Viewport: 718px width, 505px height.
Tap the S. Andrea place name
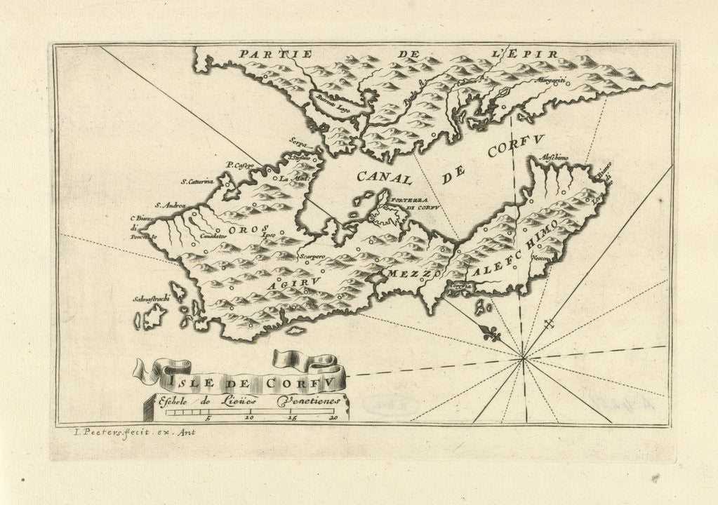[171, 206]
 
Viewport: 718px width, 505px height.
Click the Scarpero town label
[312, 257]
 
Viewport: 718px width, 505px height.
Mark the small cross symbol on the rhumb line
[551, 325]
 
